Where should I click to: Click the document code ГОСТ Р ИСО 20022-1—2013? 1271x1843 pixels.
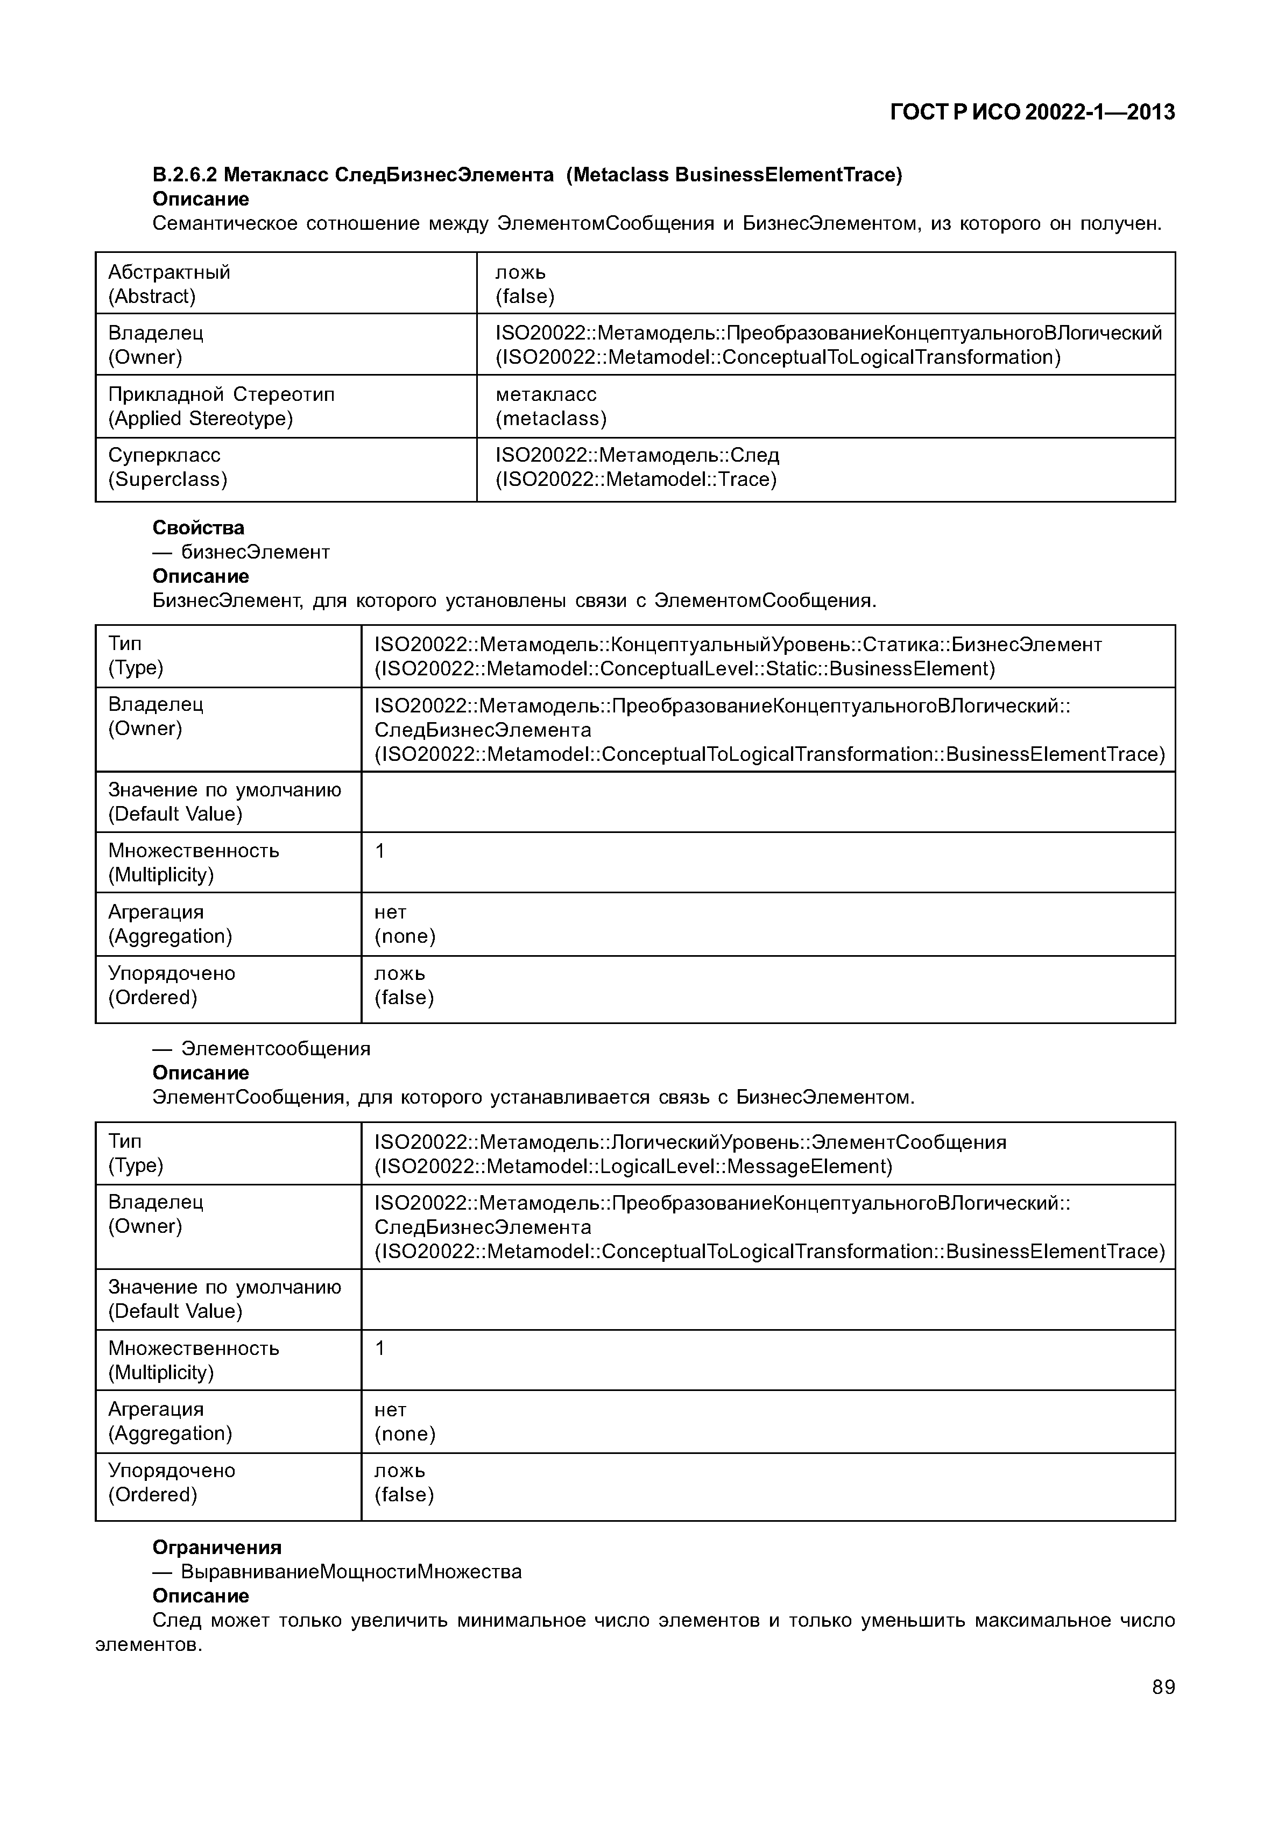click(x=1032, y=112)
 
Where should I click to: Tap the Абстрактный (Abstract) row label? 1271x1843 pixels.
click(x=169, y=284)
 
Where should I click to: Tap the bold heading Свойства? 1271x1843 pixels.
click(x=199, y=527)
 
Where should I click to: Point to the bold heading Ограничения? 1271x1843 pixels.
click(x=217, y=1547)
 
